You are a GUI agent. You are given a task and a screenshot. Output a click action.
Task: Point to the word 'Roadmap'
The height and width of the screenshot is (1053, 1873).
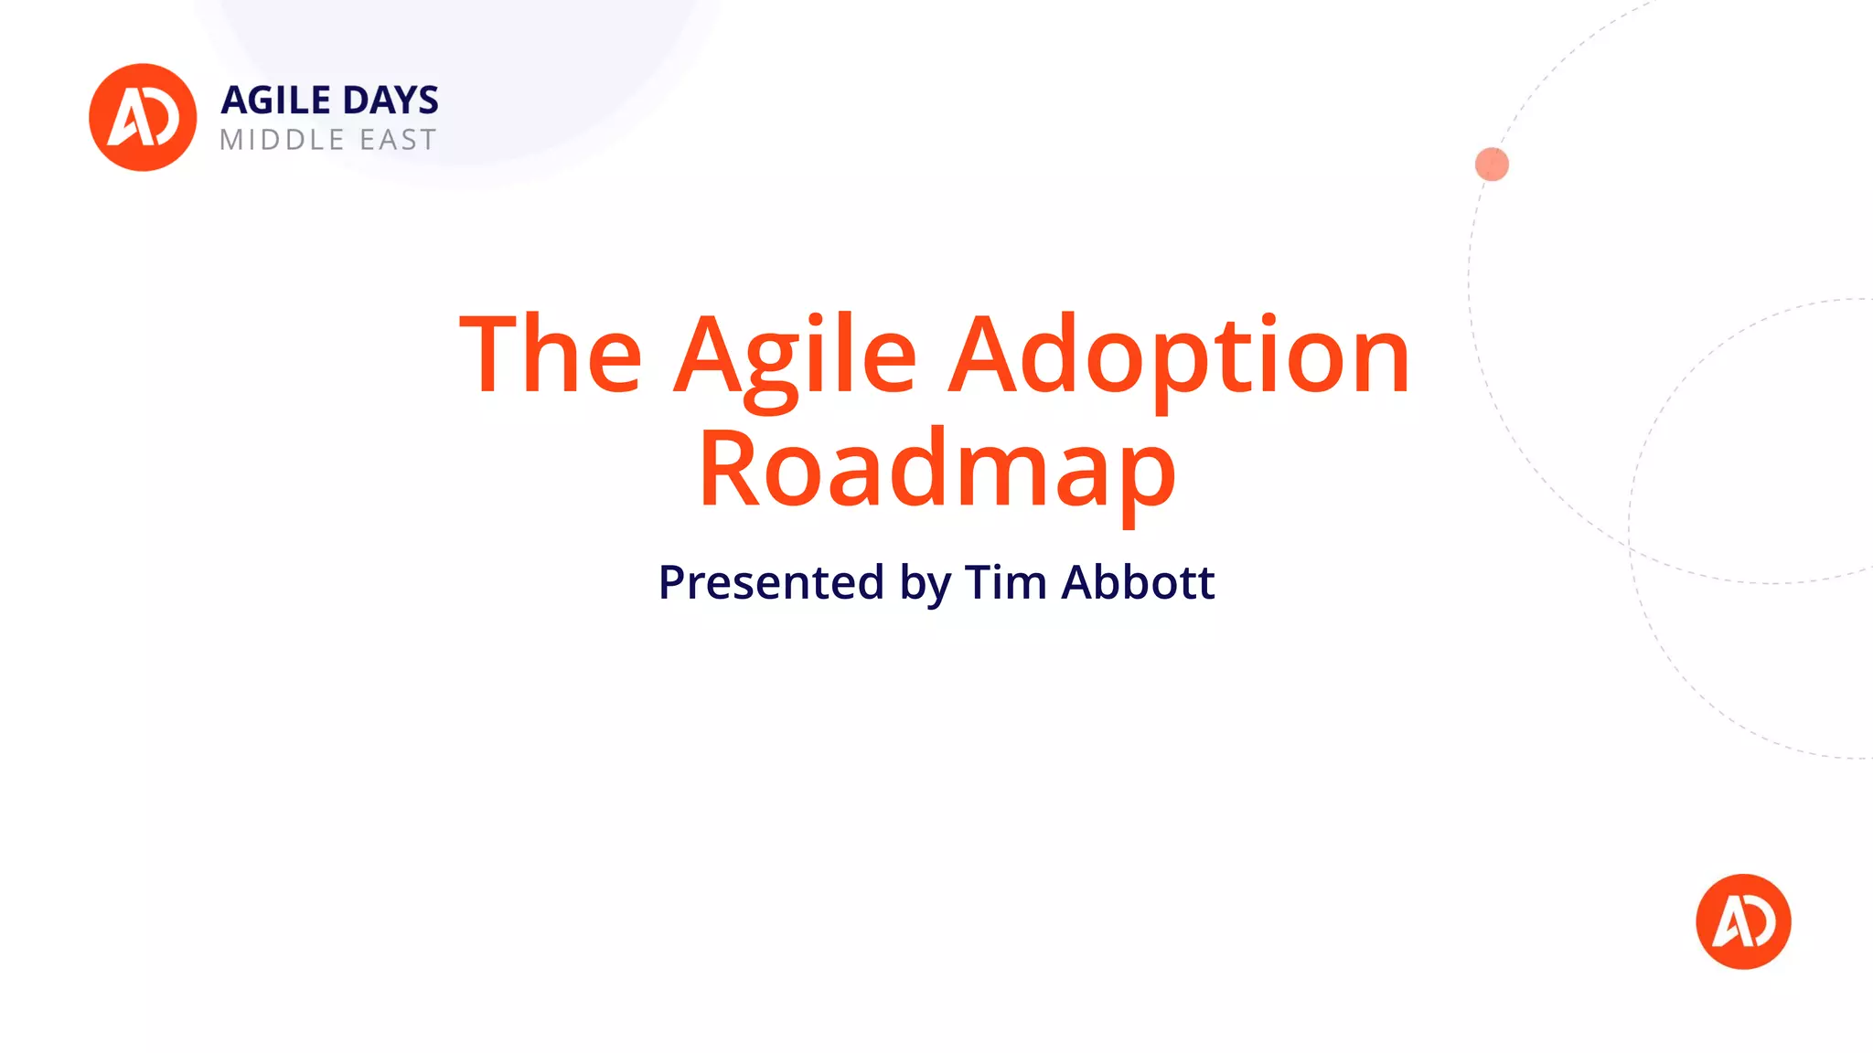936,470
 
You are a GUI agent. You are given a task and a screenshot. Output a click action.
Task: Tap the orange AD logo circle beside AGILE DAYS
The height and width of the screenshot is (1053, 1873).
143,117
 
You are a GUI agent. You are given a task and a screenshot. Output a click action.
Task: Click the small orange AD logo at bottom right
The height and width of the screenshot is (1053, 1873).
1743,921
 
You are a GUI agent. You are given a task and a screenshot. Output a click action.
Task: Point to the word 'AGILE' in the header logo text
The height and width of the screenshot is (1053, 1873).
275,101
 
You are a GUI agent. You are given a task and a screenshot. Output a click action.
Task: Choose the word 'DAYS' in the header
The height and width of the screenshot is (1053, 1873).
391,101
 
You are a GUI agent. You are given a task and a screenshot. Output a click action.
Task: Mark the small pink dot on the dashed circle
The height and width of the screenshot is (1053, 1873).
1492,165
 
